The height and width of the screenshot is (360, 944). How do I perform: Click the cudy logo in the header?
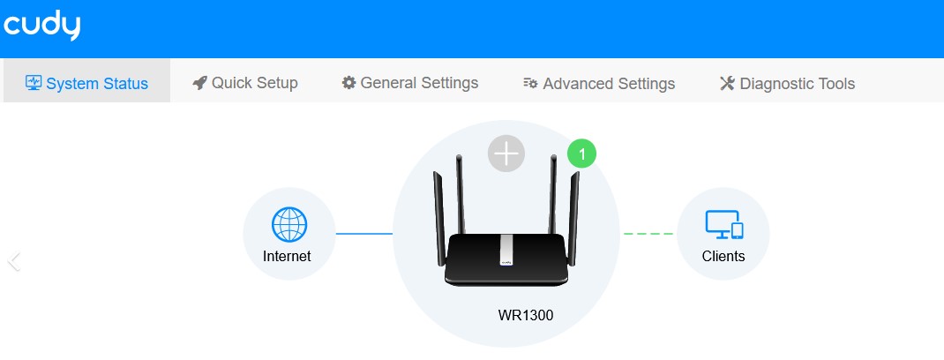[41, 27]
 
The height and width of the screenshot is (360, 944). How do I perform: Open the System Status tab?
[86, 84]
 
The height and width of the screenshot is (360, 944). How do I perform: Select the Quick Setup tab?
[245, 83]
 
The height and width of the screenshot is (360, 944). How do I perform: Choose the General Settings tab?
[410, 83]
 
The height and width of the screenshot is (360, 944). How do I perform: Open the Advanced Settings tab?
[599, 84]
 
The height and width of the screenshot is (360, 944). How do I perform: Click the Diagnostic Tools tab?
[787, 84]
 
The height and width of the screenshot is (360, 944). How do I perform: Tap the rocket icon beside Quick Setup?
[199, 83]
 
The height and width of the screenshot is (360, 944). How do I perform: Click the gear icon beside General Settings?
[349, 83]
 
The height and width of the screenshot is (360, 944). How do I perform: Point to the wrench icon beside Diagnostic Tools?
[727, 84]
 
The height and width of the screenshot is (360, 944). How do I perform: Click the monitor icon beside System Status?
[34, 84]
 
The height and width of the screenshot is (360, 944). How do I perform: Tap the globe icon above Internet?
[288, 226]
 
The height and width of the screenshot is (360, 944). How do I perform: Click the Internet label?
[287, 257]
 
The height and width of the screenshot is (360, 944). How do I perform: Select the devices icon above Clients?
[724, 226]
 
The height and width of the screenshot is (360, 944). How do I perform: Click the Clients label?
[723, 257]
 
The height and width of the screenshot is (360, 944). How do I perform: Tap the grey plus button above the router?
[506, 154]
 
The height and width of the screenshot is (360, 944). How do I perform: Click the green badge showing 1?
[581, 154]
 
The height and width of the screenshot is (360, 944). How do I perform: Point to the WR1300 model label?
[526, 314]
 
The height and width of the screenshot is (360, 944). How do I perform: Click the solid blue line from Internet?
[363, 234]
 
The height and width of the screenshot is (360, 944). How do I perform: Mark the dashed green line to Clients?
[648, 234]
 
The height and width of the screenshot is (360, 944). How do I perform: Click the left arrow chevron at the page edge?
[13, 261]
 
